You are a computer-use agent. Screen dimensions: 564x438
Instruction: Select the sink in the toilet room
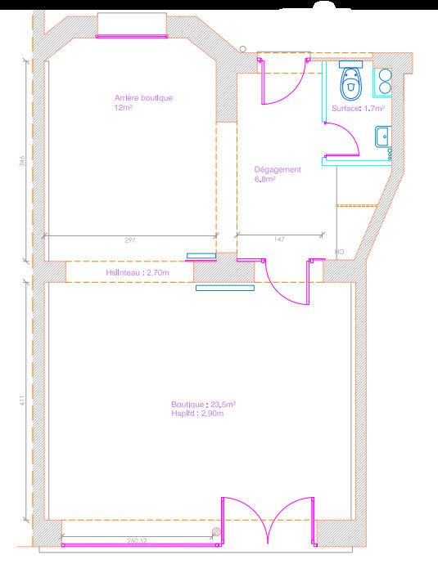(382, 137)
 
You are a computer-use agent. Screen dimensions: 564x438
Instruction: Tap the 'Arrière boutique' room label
(143, 98)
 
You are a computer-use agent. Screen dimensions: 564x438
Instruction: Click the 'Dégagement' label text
(278, 170)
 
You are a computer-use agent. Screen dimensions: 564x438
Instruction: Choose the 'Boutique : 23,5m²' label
(203, 404)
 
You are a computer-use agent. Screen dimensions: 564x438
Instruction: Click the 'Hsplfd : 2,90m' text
(197, 414)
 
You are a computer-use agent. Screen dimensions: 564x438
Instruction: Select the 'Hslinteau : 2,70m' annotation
(137, 272)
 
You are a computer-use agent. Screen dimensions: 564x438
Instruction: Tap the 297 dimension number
(129, 240)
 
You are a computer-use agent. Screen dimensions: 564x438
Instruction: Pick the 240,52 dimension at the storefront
(137, 540)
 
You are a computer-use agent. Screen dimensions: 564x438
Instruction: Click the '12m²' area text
(124, 108)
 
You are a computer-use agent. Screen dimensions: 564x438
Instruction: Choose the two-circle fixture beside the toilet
(384, 79)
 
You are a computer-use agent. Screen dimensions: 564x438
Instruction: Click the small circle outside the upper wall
(242, 48)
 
